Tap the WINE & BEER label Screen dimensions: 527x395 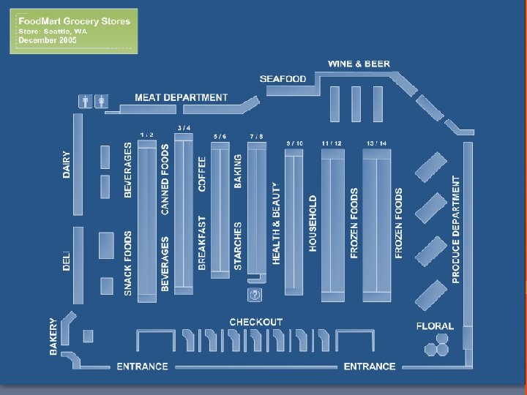point(359,64)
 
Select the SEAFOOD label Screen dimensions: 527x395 point(283,79)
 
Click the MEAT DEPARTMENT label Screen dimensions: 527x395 point(181,97)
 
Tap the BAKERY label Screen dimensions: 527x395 point(53,336)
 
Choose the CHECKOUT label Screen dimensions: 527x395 point(255,322)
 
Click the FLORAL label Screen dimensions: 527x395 point(435,326)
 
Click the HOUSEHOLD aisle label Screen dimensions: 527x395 point(313,223)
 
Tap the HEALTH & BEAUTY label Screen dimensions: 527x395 point(276,223)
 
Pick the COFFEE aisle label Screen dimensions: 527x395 point(203,173)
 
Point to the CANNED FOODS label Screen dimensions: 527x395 point(165,179)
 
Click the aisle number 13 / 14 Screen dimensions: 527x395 point(377,143)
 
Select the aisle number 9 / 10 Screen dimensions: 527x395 point(294,143)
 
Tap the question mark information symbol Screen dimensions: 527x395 point(255,295)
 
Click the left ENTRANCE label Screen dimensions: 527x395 point(142,366)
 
